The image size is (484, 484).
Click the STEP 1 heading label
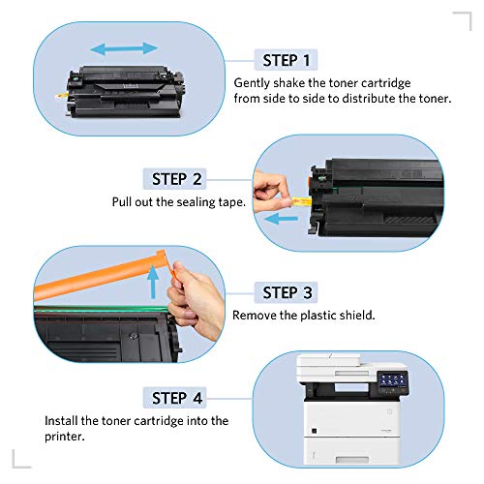pyautogui.click(x=285, y=60)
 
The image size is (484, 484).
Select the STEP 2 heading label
pyautogui.click(x=177, y=179)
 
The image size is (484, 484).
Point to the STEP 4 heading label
pyautogui.click(x=177, y=398)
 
